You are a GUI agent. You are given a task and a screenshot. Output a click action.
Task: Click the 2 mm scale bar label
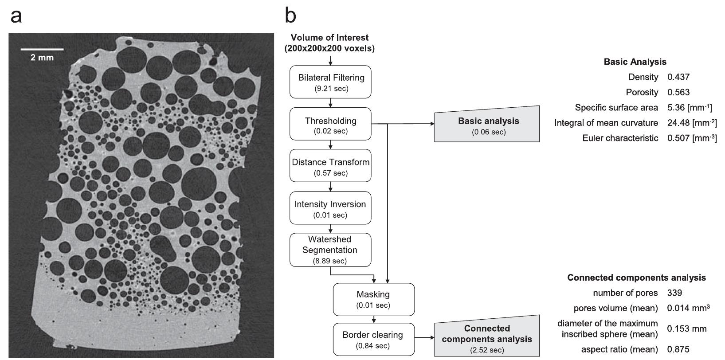coord(42,58)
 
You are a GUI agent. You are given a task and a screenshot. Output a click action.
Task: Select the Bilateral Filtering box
coord(330,82)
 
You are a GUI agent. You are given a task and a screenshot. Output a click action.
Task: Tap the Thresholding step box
coord(330,125)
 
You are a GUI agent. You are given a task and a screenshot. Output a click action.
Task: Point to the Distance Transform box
coord(330,167)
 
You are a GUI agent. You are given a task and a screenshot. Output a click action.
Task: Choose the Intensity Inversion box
coord(330,209)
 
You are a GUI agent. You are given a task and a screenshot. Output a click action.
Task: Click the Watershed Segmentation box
coord(330,250)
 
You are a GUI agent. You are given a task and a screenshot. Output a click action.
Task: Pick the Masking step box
coord(373,299)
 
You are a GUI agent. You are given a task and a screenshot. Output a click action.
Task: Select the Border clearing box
coord(373,339)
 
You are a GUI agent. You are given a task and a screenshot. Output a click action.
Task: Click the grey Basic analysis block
coord(487,125)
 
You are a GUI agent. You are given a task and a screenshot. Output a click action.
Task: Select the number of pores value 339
coord(674,293)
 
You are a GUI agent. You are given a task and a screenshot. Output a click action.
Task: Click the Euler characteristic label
coord(620,138)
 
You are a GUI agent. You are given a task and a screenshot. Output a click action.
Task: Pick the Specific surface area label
coord(616,108)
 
